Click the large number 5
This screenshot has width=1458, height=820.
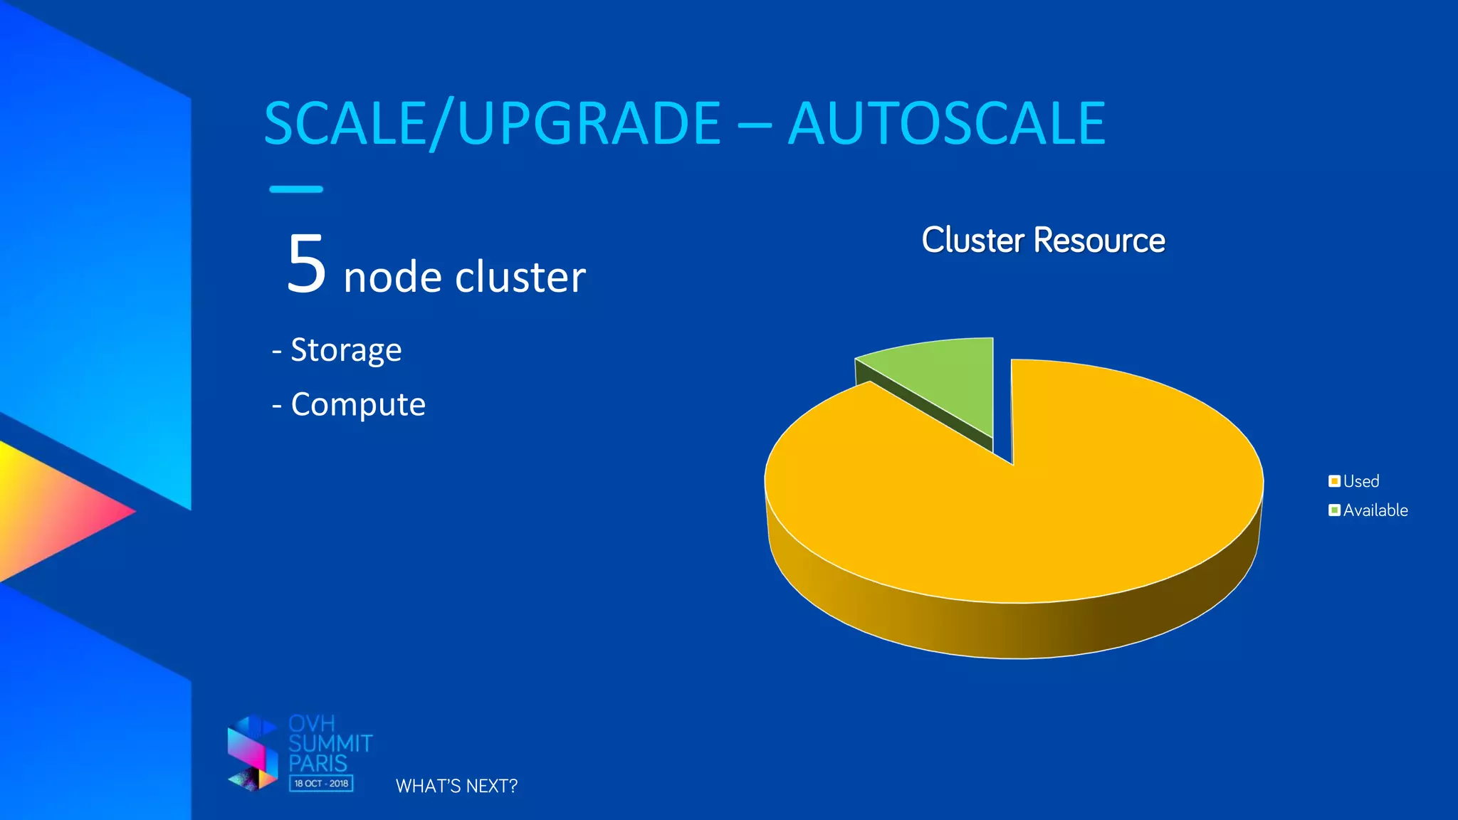307,264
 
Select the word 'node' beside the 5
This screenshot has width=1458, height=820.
392,277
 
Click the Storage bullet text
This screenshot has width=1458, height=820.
346,350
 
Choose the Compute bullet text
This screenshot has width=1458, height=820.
358,404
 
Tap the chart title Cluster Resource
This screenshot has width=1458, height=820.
1043,240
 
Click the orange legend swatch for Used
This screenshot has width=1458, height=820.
1334,481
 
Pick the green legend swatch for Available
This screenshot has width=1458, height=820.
1334,510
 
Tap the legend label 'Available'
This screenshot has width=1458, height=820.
1375,510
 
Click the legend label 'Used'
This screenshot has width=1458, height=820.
1361,481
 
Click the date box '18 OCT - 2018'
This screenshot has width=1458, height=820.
321,783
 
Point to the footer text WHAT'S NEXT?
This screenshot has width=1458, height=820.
456,786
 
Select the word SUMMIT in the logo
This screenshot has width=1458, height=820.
330,744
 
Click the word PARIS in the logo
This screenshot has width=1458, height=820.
318,763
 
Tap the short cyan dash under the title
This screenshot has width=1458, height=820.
296,189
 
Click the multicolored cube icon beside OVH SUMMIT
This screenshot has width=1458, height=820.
253,753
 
